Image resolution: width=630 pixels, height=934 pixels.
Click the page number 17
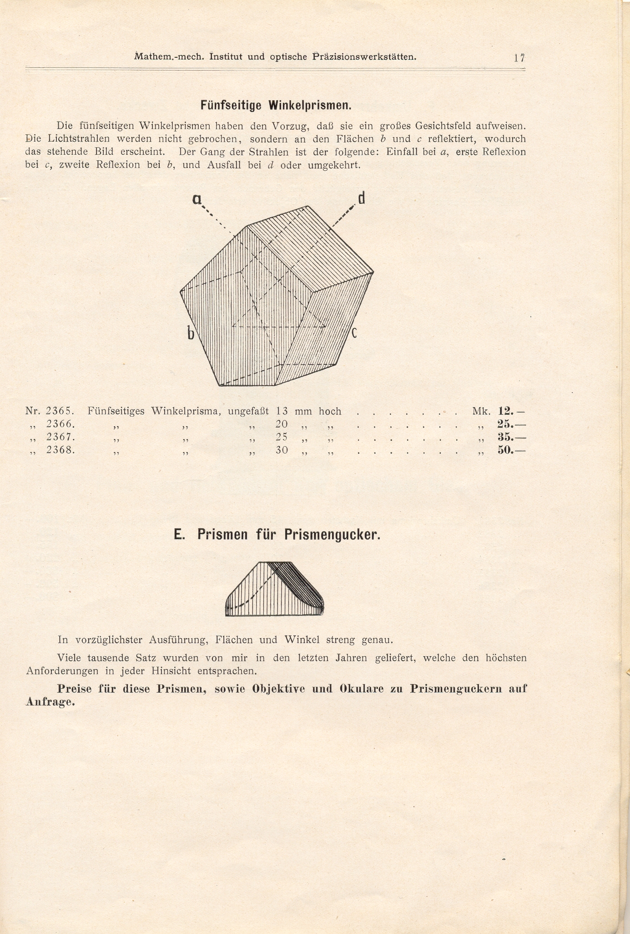(x=519, y=58)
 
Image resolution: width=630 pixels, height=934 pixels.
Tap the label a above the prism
(x=197, y=199)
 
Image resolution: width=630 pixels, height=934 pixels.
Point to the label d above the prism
(x=362, y=198)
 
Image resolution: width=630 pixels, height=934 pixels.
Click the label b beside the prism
(x=191, y=334)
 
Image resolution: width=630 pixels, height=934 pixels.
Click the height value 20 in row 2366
(x=282, y=424)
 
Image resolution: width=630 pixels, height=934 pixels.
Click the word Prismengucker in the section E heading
(x=332, y=535)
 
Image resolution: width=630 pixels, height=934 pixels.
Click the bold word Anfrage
(x=50, y=702)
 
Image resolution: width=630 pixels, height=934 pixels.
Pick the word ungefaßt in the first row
(x=248, y=412)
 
